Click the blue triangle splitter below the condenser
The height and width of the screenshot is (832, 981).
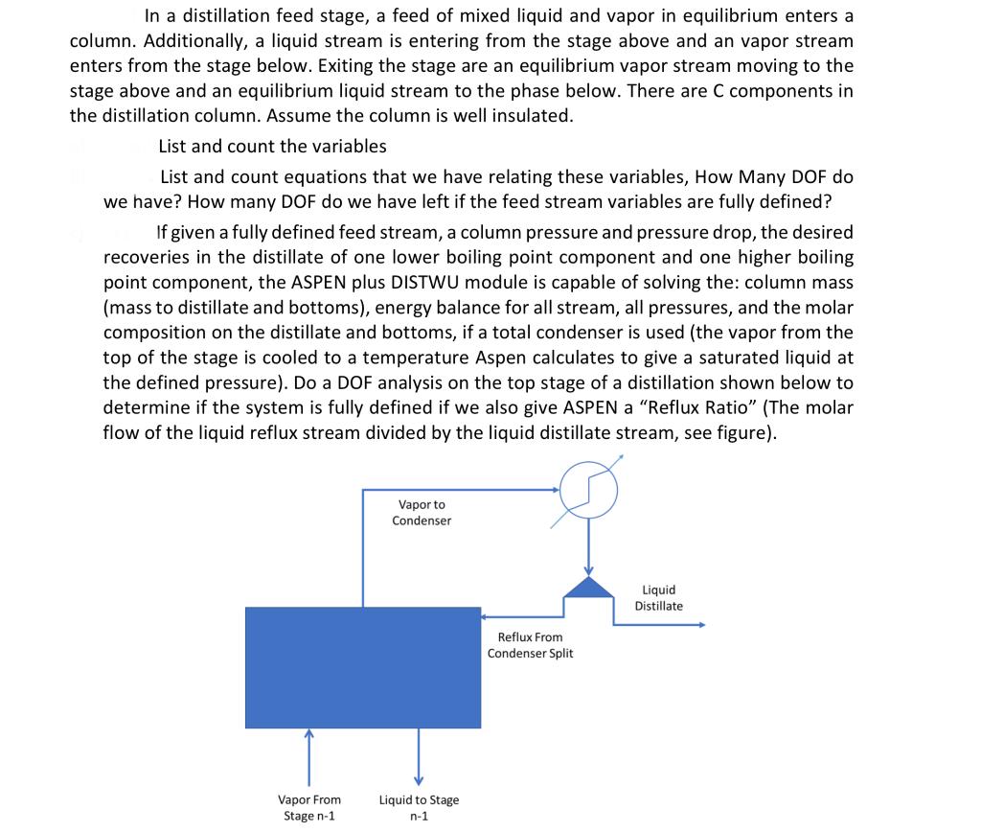pyautogui.click(x=588, y=586)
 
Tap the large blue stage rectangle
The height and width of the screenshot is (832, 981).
pyautogui.click(x=363, y=666)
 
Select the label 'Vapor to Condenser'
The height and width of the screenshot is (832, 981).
pyautogui.click(x=422, y=512)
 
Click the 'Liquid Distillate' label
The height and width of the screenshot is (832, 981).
pyautogui.click(x=658, y=597)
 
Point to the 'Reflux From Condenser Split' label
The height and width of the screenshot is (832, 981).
pyautogui.click(x=530, y=645)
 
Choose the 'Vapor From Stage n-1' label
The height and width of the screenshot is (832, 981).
pyautogui.click(x=308, y=807)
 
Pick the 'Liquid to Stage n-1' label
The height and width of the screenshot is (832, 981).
pyautogui.click(x=419, y=807)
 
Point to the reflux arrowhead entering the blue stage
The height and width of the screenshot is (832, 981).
pyautogui.click(x=486, y=617)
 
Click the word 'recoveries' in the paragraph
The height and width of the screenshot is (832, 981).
pyautogui.click(x=143, y=258)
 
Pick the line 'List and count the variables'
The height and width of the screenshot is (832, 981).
pyautogui.click(x=272, y=146)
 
